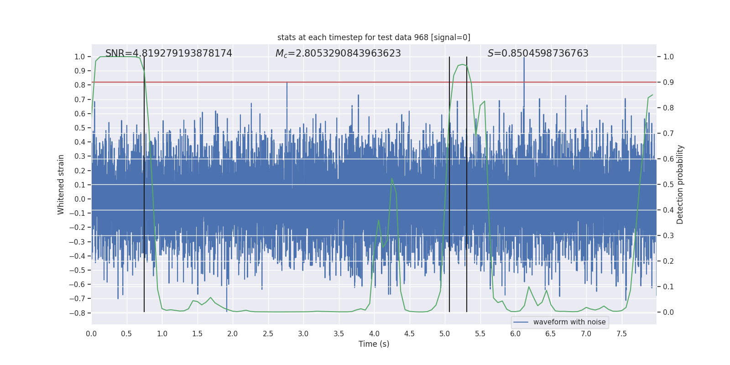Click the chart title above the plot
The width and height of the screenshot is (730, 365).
click(x=374, y=37)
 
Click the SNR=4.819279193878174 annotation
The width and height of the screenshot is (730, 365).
click(x=169, y=53)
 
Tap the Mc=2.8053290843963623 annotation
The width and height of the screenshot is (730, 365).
click(x=338, y=53)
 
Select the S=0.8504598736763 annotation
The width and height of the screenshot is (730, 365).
click(x=538, y=53)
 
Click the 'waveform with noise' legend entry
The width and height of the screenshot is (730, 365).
click(x=569, y=322)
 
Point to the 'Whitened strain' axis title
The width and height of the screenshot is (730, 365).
click(x=61, y=184)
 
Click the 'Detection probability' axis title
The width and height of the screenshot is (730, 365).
click(x=680, y=184)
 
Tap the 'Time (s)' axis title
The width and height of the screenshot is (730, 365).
click(x=374, y=344)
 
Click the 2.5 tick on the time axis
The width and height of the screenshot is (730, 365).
click(x=268, y=334)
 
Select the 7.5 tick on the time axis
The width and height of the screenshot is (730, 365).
click(x=621, y=334)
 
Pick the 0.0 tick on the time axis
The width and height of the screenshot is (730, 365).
click(x=91, y=334)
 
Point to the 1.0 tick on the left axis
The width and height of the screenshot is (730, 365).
click(x=79, y=57)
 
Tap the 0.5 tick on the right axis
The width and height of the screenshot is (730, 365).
click(x=668, y=184)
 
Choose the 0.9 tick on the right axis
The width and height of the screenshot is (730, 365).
click(x=668, y=82)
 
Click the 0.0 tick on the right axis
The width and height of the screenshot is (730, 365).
click(x=668, y=312)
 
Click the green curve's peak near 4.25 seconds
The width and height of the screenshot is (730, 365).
click(x=392, y=178)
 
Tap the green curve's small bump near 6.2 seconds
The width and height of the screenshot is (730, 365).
click(x=529, y=287)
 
